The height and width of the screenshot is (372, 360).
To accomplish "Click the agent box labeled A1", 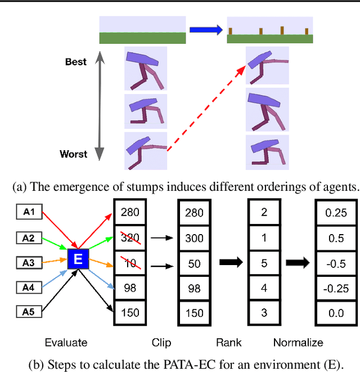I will click(29, 212).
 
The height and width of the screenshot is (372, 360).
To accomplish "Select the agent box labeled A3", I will click(29, 262).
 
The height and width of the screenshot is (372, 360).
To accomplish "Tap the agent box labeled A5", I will click(29, 311).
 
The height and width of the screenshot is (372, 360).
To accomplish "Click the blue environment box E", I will click(78, 260).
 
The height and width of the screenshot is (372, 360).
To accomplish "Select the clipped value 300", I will click(195, 237).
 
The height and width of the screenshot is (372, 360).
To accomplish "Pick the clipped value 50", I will click(195, 263).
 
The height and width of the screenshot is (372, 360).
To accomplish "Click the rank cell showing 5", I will click(264, 263).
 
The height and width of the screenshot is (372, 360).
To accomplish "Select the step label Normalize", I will click(298, 342).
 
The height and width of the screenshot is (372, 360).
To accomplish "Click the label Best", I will click(76, 61).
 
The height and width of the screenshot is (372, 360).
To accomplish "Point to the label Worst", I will click(74, 154).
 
